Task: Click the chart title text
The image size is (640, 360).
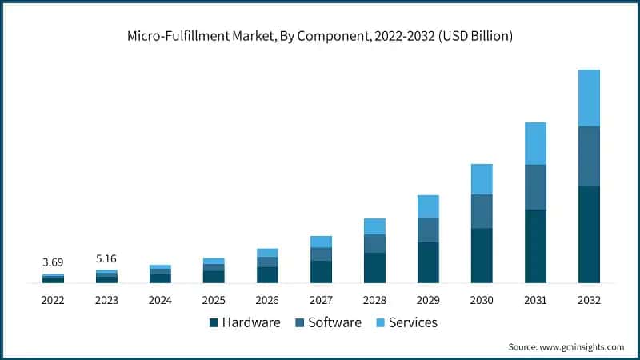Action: coord(320,36)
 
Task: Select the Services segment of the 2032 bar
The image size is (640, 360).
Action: coord(589,98)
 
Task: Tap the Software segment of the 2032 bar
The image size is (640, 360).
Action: coord(589,156)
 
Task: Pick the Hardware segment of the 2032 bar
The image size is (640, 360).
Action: coord(589,234)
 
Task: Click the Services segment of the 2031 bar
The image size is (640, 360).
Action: coord(535,143)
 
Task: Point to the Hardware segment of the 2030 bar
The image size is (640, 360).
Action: coord(482,255)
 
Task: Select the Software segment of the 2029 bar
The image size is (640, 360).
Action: coord(428,230)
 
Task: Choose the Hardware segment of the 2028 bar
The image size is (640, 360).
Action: coord(374,267)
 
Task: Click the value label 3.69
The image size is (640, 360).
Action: coord(53,262)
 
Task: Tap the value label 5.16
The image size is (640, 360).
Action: coord(106,258)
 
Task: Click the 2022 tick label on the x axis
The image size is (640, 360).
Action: coord(53,300)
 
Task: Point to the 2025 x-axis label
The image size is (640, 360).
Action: coord(214,300)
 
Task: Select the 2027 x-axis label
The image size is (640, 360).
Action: coord(321,300)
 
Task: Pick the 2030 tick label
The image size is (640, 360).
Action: coord(482,300)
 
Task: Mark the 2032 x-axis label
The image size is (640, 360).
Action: coord(589,300)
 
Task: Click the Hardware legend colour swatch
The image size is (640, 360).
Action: coord(214,323)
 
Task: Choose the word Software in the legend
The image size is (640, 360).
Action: coord(334,323)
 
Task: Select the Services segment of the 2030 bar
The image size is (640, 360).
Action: coord(482,179)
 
